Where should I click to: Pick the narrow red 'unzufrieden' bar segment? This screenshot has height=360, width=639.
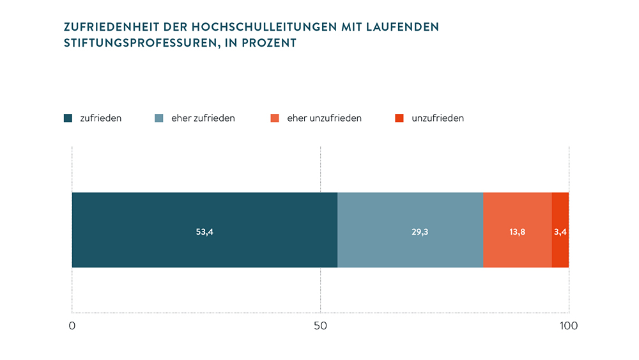(x=560, y=217)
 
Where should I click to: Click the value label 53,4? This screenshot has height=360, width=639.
(x=204, y=232)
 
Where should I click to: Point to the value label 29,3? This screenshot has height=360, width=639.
(x=420, y=232)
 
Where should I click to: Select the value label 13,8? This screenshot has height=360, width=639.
(x=518, y=232)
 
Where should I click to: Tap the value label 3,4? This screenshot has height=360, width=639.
(x=560, y=232)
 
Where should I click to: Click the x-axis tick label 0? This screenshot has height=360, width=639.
(x=72, y=326)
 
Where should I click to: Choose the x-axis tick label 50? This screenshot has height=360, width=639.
(x=320, y=326)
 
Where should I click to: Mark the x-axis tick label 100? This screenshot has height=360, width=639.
(x=568, y=326)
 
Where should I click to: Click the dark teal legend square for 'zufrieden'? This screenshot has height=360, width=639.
(x=68, y=118)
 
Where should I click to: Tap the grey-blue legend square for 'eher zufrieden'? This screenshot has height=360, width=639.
(x=160, y=118)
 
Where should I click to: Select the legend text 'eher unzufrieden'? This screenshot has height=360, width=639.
(x=325, y=118)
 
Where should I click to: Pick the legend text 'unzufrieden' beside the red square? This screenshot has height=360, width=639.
(x=438, y=118)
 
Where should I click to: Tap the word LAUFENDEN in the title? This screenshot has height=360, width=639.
(x=404, y=27)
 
